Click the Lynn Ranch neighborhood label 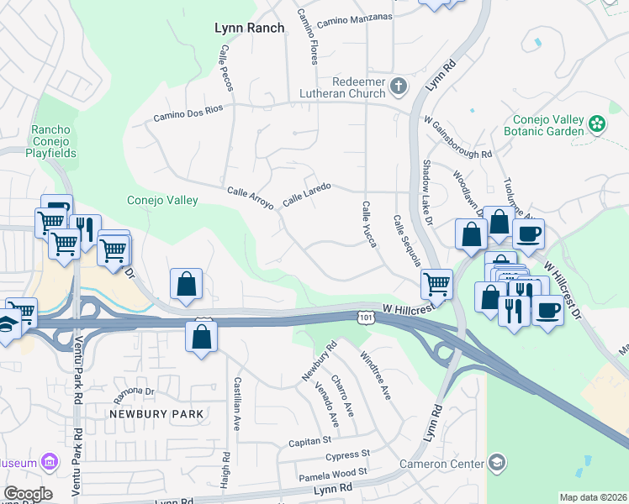pyautogui.click(x=250, y=28)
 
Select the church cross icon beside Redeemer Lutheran pyautogui.click(x=398, y=85)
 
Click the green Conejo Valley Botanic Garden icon pyautogui.click(x=598, y=124)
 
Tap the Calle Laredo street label pyautogui.click(x=307, y=195)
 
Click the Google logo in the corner pyautogui.click(x=28, y=494)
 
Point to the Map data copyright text pyautogui.click(x=593, y=497)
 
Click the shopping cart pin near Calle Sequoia pyautogui.click(x=436, y=285)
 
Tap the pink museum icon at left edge pyautogui.click(x=50, y=462)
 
